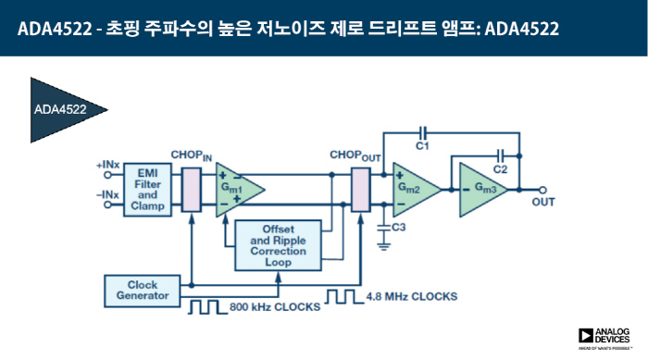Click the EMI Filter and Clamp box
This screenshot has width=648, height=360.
147,189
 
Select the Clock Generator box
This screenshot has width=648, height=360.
137,290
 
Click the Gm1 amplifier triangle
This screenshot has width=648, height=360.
235,189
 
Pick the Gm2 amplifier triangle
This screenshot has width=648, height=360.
412,189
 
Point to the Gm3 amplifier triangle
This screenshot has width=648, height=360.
480,189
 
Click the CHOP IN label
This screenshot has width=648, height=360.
192,155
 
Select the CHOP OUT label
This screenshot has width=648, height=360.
355,155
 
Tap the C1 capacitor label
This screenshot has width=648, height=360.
422,146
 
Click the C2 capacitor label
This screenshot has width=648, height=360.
500,169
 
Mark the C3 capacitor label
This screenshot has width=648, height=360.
399,227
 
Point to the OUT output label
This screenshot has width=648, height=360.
542,203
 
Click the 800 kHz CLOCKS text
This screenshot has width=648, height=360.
274,305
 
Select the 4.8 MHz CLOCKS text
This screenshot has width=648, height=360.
410,296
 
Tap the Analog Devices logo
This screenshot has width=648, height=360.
606,339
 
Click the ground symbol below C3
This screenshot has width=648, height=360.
382,245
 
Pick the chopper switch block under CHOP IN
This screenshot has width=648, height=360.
192,190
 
